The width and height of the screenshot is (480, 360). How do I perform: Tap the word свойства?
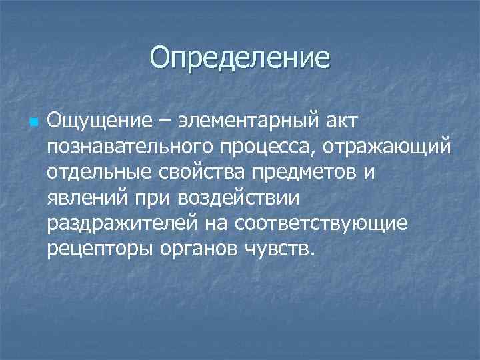[x=202, y=172]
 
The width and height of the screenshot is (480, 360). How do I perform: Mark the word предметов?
[x=308, y=172]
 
